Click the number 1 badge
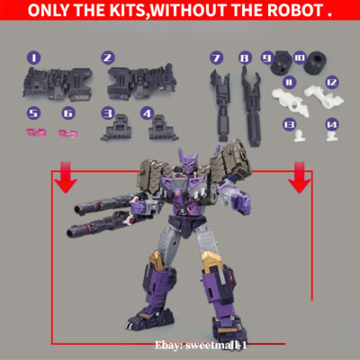click(x=33, y=57)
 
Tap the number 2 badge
click(x=107, y=57)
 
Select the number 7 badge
click(x=216, y=58)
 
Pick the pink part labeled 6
click(x=68, y=133)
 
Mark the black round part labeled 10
click(x=314, y=67)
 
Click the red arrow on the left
click(x=61, y=178)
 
